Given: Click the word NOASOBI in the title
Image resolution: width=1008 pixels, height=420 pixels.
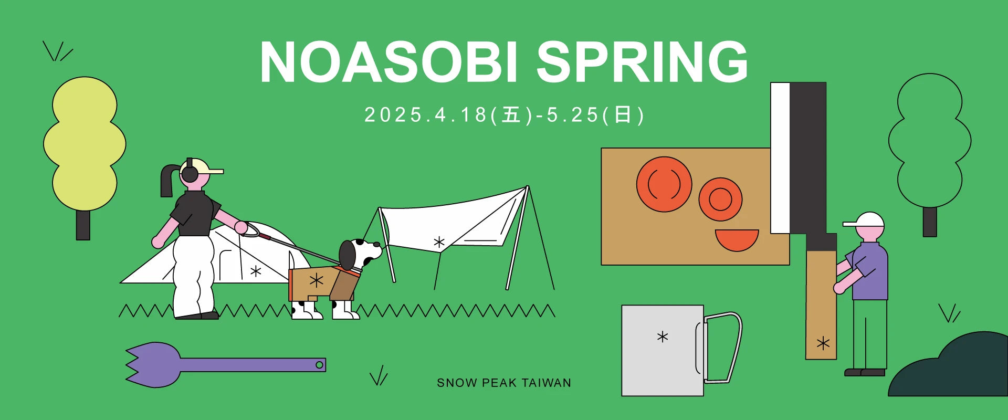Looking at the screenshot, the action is pos(389,62).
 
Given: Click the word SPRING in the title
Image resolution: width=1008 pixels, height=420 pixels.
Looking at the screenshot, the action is pos(642,62).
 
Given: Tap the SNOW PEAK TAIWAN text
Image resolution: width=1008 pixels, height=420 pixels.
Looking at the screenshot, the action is pos(504,383).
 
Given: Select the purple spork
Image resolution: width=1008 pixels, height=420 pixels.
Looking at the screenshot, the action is pos(225,364).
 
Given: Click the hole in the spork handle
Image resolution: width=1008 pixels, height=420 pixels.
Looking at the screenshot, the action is pos(319,365).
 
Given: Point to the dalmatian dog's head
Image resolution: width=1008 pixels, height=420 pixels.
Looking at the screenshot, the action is pos(360,254).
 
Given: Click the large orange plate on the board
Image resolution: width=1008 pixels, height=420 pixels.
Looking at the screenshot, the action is pos(664,184).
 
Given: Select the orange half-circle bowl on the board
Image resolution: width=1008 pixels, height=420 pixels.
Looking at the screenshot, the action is pos(737,239).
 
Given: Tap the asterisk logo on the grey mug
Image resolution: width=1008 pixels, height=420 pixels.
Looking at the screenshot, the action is pos(663,337).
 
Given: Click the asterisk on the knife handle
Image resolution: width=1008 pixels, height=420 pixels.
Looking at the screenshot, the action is pos(823,344).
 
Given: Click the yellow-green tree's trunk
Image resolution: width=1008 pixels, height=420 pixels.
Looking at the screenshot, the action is pos(83,225).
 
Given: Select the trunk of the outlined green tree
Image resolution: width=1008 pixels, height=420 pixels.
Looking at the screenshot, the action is pos(930,222).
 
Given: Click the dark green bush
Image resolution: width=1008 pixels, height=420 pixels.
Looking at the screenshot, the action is pos(950,367).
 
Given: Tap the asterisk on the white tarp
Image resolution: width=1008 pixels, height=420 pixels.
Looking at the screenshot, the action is pos(439,242).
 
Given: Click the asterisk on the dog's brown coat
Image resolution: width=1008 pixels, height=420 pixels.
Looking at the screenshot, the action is pos(316,280).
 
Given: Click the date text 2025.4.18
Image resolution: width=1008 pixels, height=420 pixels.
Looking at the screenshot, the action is pos(426,115).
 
